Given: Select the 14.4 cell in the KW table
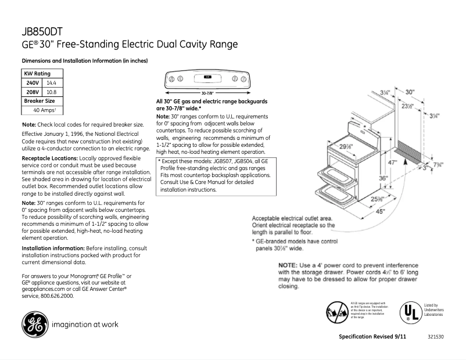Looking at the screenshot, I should [51, 83].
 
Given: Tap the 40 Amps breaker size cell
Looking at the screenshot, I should [44, 110].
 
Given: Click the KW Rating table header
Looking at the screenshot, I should [37, 74].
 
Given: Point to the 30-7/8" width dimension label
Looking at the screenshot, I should [207, 93].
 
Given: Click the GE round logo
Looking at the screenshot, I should [36, 325].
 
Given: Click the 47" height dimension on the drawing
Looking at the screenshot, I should [393, 163].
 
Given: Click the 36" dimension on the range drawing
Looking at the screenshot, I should [383, 179].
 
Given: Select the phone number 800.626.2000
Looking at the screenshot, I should [56, 296].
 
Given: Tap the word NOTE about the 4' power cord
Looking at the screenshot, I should [293, 265].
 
